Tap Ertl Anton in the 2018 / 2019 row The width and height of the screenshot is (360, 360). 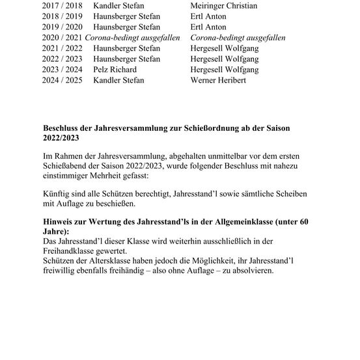coord(208,16)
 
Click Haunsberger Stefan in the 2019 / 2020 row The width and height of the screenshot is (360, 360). coord(126,27)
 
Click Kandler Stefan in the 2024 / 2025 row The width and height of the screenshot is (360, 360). coord(118,80)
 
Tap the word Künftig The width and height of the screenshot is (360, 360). coord(56,195)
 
